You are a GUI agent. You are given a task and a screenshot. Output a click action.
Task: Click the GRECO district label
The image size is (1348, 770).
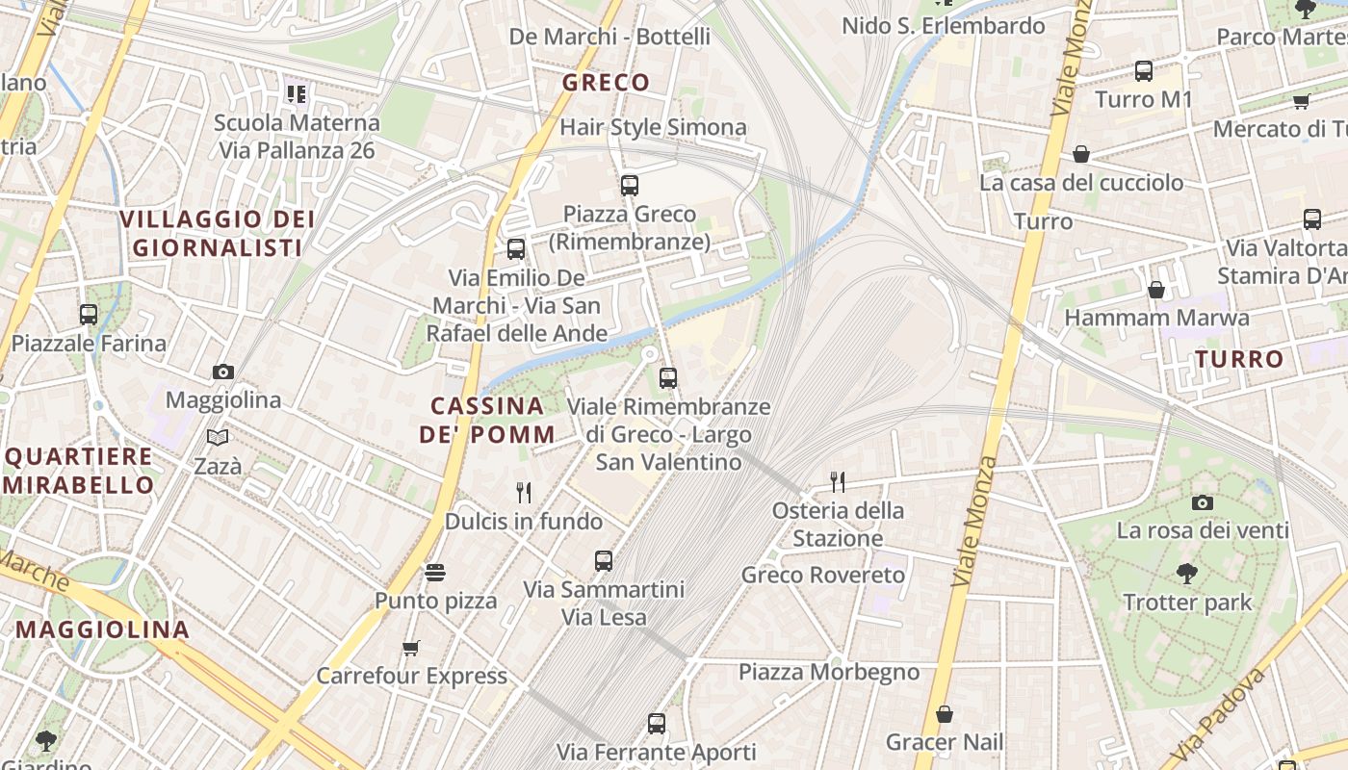[x=606, y=83]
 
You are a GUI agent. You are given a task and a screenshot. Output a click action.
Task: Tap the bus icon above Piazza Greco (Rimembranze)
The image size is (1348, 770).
[x=630, y=185]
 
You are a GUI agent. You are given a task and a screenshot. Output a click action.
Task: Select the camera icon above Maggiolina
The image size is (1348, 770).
[x=223, y=372]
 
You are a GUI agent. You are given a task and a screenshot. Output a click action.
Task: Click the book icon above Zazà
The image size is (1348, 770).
[x=219, y=438]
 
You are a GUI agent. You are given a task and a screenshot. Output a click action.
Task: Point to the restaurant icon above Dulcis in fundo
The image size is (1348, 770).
[x=524, y=493]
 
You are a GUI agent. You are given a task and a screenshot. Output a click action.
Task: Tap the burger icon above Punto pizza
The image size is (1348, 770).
[x=435, y=573]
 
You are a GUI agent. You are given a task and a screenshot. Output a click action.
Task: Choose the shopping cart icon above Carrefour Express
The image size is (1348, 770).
[x=411, y=648]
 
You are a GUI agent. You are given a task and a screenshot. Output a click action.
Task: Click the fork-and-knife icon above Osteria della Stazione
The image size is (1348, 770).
[x=838, y=481]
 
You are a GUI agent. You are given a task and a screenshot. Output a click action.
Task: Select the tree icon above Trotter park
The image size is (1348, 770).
[x=1187, y=574]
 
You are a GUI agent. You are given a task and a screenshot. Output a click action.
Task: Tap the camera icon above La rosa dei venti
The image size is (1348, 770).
[x=1202, y=502]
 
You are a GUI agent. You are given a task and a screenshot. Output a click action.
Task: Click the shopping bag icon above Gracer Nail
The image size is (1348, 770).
[x=945, y=714]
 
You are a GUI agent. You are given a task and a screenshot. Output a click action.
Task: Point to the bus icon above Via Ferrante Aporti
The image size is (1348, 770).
[x=657, y=723]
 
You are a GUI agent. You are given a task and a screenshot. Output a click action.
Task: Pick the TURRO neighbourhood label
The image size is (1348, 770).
[x=1239, y=360]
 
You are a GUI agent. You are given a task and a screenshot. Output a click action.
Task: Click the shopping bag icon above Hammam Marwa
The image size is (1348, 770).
[x=1156, y=289]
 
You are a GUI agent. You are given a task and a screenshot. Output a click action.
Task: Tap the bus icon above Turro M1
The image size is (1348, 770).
[x=1144, y=70]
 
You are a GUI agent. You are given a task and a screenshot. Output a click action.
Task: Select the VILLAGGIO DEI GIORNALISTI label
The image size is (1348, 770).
[x=218, y=233]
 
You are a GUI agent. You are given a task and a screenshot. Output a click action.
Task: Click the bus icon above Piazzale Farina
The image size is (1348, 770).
[x=89, y=314]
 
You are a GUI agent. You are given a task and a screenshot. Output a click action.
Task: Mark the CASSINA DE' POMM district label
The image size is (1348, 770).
[x=487, y=420]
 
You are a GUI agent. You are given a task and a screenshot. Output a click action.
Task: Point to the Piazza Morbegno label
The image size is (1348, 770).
[x=829, y=672]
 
